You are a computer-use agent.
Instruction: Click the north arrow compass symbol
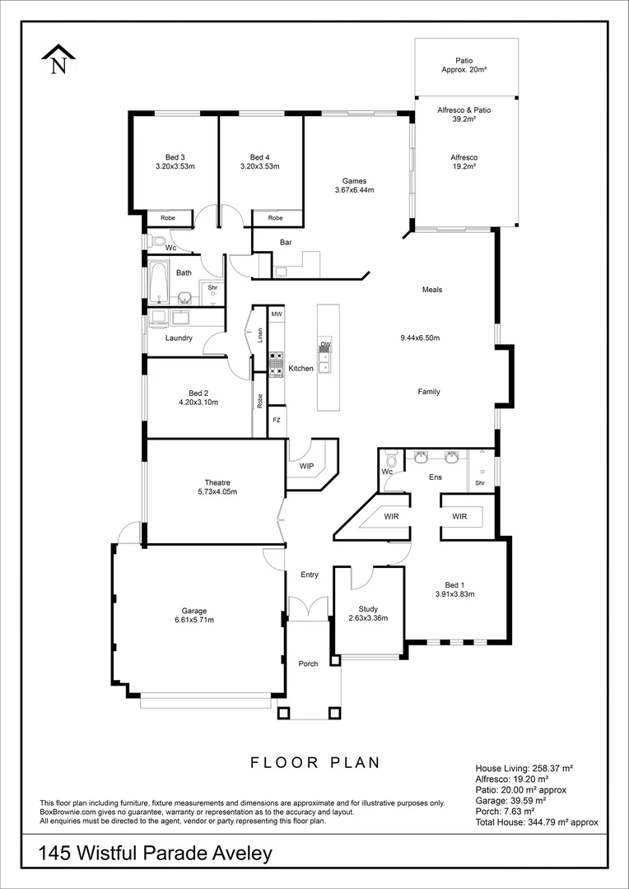(x=58, y=60)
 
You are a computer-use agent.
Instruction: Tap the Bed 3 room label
(x=175, y=157)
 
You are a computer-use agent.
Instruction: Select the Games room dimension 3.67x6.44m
(x=354, y=190)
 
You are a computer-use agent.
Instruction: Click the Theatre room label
(x=217, y=482)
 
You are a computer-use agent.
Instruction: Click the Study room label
(x=368, y=609)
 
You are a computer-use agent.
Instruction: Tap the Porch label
(x=308, y=663)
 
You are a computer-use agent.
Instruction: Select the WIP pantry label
(x=307, y=466)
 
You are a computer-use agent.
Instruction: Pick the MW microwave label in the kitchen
(x=277, y=314)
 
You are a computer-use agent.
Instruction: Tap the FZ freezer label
(x=277, y=420)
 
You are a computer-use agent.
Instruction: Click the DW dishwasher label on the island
(x=325, y=345)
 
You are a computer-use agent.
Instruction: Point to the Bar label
(x=287, y=243)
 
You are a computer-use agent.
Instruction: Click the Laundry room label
(x=179, y=337)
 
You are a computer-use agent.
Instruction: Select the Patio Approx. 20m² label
(x=464, y=65)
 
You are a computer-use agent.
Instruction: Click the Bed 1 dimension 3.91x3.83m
(x=454, y=593)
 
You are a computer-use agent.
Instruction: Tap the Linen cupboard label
(x=259, y=335)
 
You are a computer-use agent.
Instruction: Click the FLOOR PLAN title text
(x=315, y=762)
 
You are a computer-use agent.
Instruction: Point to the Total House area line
(x=537, y=822)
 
